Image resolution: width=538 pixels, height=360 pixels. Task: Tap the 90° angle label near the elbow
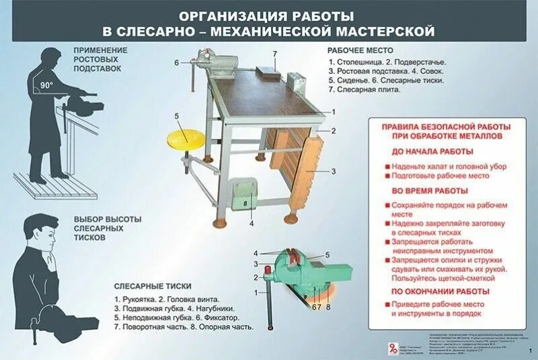pyautogui.click(x=46, y=85)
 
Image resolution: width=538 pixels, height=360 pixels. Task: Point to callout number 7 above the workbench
pyautogui.click(x=274, y=52)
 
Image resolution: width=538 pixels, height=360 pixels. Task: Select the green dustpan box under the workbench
pyautogui.click(x=242, y=195)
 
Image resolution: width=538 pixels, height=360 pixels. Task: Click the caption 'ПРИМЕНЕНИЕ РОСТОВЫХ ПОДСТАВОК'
pyautogui.click(x=100, y=60)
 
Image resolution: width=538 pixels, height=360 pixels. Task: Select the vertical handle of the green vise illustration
pyautogui.click(x=268, y=302)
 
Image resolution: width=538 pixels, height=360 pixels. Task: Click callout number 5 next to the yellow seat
pyautogui.click(x=177, y=116)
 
